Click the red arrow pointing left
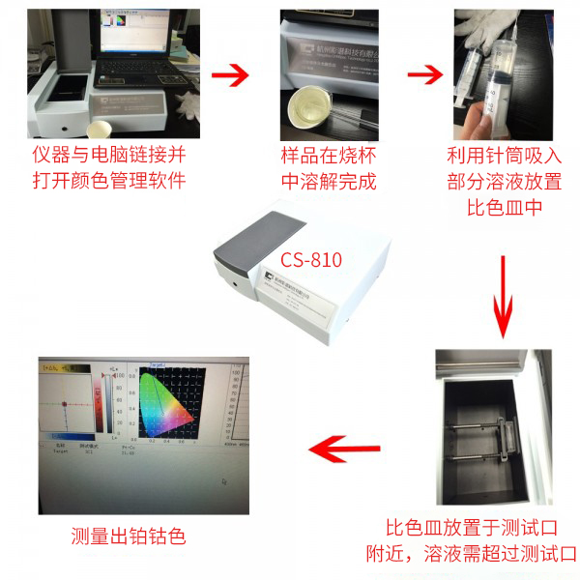point(344,447)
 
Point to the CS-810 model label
point(311,259)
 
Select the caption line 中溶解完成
point(328,181)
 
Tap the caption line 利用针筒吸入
point(504,155)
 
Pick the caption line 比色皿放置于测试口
point(472,528)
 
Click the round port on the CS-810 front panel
point(234,284)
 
